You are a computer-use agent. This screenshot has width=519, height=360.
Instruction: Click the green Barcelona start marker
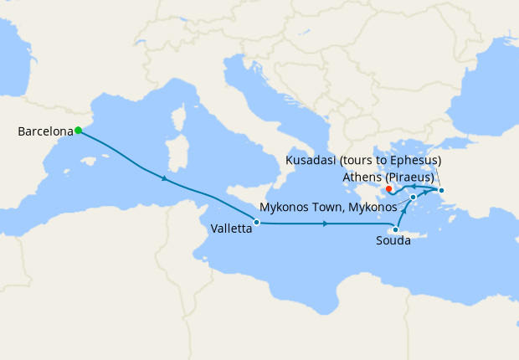pyautogui.click(x=78, y=130)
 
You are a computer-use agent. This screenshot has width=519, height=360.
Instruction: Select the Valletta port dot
pyautogui.click(x=256, y=222)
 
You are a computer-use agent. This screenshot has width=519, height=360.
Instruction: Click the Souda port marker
pyautogui.click(x=395, y=229)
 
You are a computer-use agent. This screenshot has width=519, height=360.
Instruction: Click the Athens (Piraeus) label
pyautogui.click(x=388, y=177)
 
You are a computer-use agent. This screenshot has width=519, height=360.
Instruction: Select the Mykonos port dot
pyautogui.click(x=414, y=198)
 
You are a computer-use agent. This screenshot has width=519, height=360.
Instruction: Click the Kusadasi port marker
pyautogui.click(x=442, y=191)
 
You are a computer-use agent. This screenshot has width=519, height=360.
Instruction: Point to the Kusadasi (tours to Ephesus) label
pyautogui.click(x=363, y=160)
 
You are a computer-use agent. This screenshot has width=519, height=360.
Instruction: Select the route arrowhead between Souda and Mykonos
pyautogui.click(x=404, y=213)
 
